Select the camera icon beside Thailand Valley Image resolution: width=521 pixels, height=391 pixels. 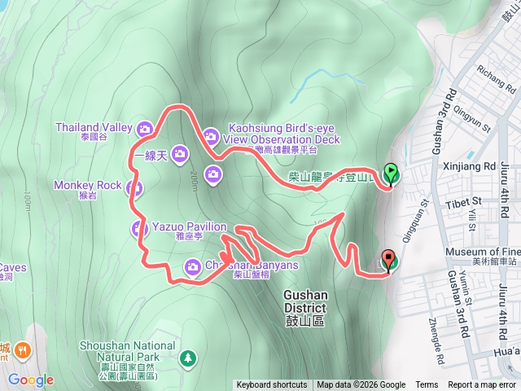[x=145, y=128]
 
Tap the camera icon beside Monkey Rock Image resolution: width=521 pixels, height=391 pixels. [x=135, y=189]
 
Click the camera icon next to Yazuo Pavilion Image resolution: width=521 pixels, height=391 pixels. [x=139, y=229]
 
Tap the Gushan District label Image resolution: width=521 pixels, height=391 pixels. [x=305, y=302]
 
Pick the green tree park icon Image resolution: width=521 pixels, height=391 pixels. [x=189, y=358]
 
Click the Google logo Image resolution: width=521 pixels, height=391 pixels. [x=31, y=380]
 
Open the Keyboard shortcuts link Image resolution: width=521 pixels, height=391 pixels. [x=272, y=385]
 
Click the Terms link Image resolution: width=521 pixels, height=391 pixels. [x=427, y=385]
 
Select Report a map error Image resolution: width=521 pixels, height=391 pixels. [x=482, y=385]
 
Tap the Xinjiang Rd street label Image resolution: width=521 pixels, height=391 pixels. [x=478, y=166]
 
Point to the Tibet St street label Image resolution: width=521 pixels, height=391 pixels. [x=466, y=200]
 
